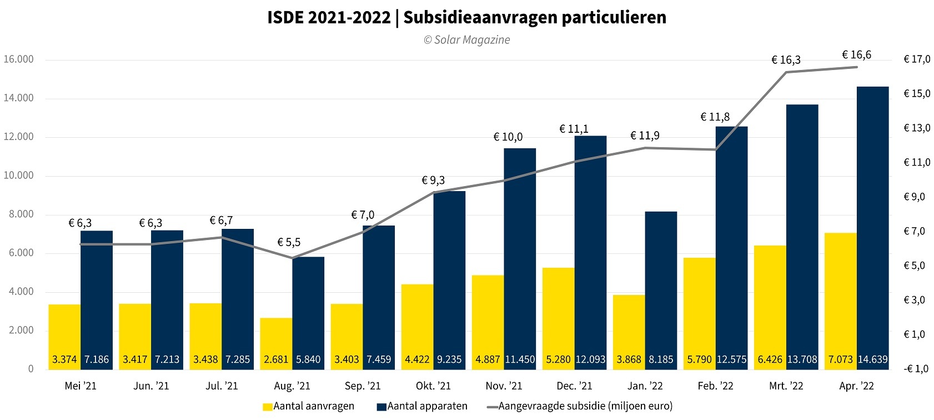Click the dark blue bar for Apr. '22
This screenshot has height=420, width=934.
click(872, 222)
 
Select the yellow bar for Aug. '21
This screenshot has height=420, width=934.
click(276, 339)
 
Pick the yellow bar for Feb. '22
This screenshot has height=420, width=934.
click(699, 306)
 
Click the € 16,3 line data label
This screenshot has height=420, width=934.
click(786, 60)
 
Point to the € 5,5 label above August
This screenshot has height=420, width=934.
click(289, 242)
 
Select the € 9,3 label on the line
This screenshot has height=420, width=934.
click(433, 181)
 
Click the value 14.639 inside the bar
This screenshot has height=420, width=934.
click(872, 359)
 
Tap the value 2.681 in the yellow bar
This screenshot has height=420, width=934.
click(276, 359)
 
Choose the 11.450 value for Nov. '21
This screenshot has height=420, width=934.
click(520, 359)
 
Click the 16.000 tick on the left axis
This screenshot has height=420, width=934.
click(18, 59)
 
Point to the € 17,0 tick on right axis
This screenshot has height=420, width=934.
click(917, 59)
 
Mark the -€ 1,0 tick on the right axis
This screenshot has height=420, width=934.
click(916, 369)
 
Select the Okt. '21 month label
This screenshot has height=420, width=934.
click(433, 386)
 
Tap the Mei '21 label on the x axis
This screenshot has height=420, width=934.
click(81, 386)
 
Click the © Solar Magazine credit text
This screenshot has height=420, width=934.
click(466, 40)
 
